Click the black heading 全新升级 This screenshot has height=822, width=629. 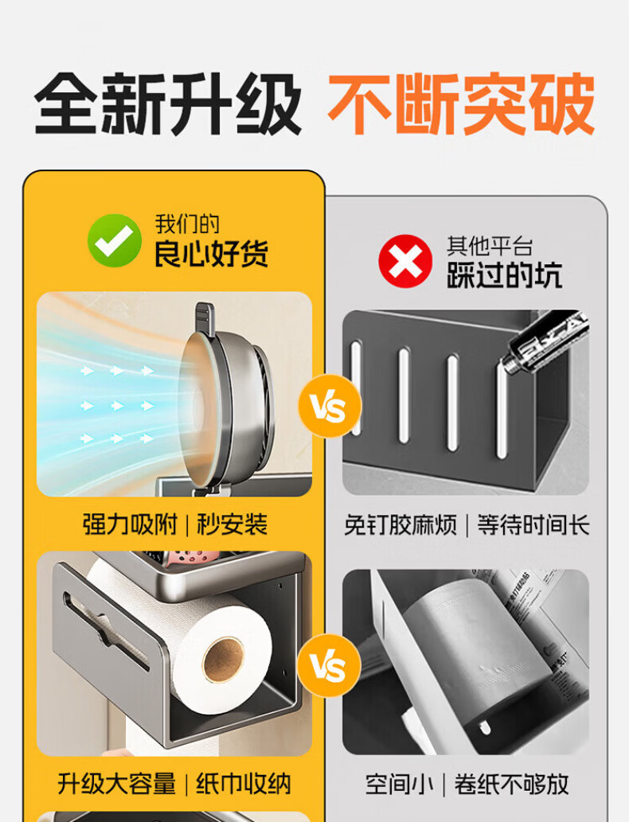pyautogui.click(x=168, y=103)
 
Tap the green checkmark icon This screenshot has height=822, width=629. pyautogui.click(x=115, y=240)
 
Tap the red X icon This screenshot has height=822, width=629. pyautogui.click(x=405, y=260)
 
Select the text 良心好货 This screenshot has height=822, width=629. pyautogui.click(x=211, y=254)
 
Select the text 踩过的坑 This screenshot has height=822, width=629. pyautogui.click(x=504, y=275)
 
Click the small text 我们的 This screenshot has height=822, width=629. pyautogui.click(x=187, y=224)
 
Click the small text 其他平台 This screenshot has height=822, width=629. pyautogui.click(x=490, y=246)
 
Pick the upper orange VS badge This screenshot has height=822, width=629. pyautogui.click(x=330, y=407)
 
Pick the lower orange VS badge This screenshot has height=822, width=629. pyautogui.click(x=330, y=666)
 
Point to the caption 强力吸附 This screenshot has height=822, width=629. pyautogui.click(x=130, y=524)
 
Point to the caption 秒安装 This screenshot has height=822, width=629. pyautogui.click(x=232, y=524)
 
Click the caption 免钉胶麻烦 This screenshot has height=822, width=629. pyautogui.click(x=400, y=524)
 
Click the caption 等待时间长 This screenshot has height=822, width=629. pyautogui.click(x=533, y=524)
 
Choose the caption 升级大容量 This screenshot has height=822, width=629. pyautogui.click(x=116, y=784)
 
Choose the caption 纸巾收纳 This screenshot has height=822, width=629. pyautogui.click(x=244, y=784)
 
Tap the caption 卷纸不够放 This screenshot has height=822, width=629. pyautogui.click(x=511, y=785)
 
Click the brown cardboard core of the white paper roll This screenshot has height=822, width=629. pyautogui.click(x=223, y=660)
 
